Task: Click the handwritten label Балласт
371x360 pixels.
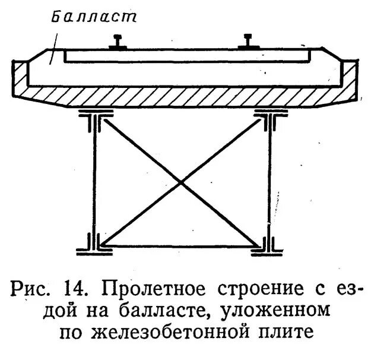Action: [x=94, y=16]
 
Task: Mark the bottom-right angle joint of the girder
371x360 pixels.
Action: [x=267, y=244]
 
